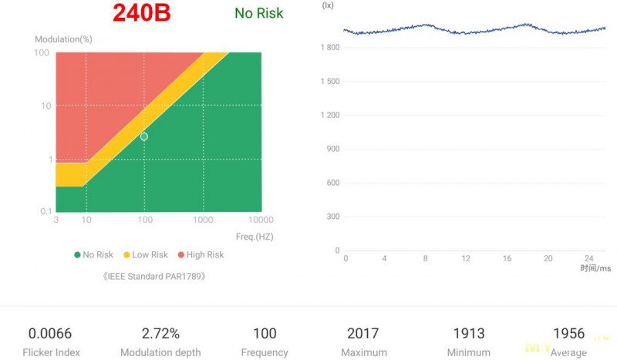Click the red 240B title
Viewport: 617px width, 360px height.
(142, 13)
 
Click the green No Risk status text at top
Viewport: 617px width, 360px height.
(258, 13)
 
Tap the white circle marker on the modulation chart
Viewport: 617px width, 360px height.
(144, 136)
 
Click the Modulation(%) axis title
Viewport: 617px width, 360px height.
(64, 39)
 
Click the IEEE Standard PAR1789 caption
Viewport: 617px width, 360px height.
(154, 275)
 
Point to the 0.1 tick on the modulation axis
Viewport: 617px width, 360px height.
(46, 211)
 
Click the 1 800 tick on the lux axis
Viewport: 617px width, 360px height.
(329, 48)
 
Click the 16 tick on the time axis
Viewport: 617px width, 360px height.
(507, 258)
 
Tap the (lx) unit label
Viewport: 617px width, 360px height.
(328, 5)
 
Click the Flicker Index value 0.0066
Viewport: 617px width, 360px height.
(50, 334)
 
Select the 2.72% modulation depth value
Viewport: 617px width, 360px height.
(160, 334)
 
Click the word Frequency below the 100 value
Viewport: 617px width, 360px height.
(265, 352)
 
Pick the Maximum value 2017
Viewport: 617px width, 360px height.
(362, 334)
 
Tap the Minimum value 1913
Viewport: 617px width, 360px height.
(468, 334)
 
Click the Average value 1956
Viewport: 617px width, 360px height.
(569, 334)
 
